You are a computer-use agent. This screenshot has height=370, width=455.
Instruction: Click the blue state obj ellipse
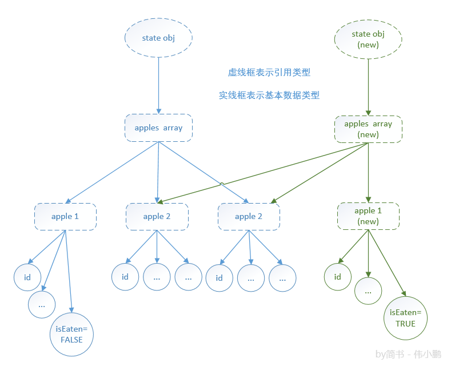click(158, 39)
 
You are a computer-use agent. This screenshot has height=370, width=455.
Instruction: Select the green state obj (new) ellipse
click(368, 39)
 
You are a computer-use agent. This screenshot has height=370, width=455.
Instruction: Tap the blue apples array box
click(158, 128)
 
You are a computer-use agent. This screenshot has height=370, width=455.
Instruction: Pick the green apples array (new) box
click(368, 129)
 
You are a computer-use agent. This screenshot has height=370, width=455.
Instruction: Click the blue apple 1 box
click(65, 216)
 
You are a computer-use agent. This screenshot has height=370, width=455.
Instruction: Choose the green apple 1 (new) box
click(368, 216)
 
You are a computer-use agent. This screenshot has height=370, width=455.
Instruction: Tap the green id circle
click(338, 277)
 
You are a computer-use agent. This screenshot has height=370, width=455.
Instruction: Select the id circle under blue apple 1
click(28, 278)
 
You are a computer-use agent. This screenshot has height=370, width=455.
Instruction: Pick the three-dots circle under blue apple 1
click(42, 305)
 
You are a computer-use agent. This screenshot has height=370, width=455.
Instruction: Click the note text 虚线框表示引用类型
click(269, 73)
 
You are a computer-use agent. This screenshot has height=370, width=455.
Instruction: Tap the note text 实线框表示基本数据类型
click(269, 96)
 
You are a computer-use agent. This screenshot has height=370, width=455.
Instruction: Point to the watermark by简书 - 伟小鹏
click(408, 355)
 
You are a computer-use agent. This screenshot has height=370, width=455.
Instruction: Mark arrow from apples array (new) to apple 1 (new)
click(368, 172)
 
